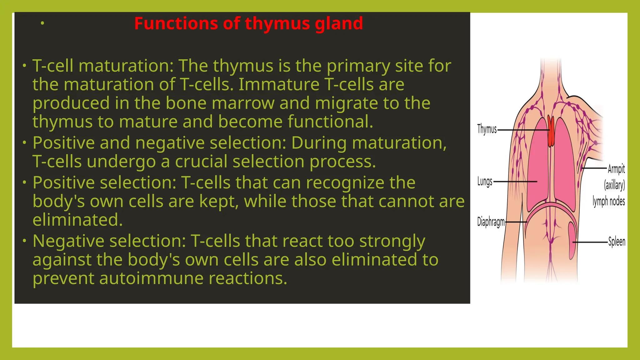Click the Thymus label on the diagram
coord(487,129)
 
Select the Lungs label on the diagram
coord(485,181)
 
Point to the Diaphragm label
coord(491,222)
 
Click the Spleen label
coord(617,242)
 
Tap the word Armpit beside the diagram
coord(616,169)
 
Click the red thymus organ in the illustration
coord(551,131)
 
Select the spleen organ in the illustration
coord(572,241)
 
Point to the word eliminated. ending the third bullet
coord(77,220)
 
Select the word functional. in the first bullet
coord(330,122)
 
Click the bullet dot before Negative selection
coord(24,241)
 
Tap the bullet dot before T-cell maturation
coord(24,66)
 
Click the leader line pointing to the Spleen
coord(590,242)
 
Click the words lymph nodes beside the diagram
coord(609,202)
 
